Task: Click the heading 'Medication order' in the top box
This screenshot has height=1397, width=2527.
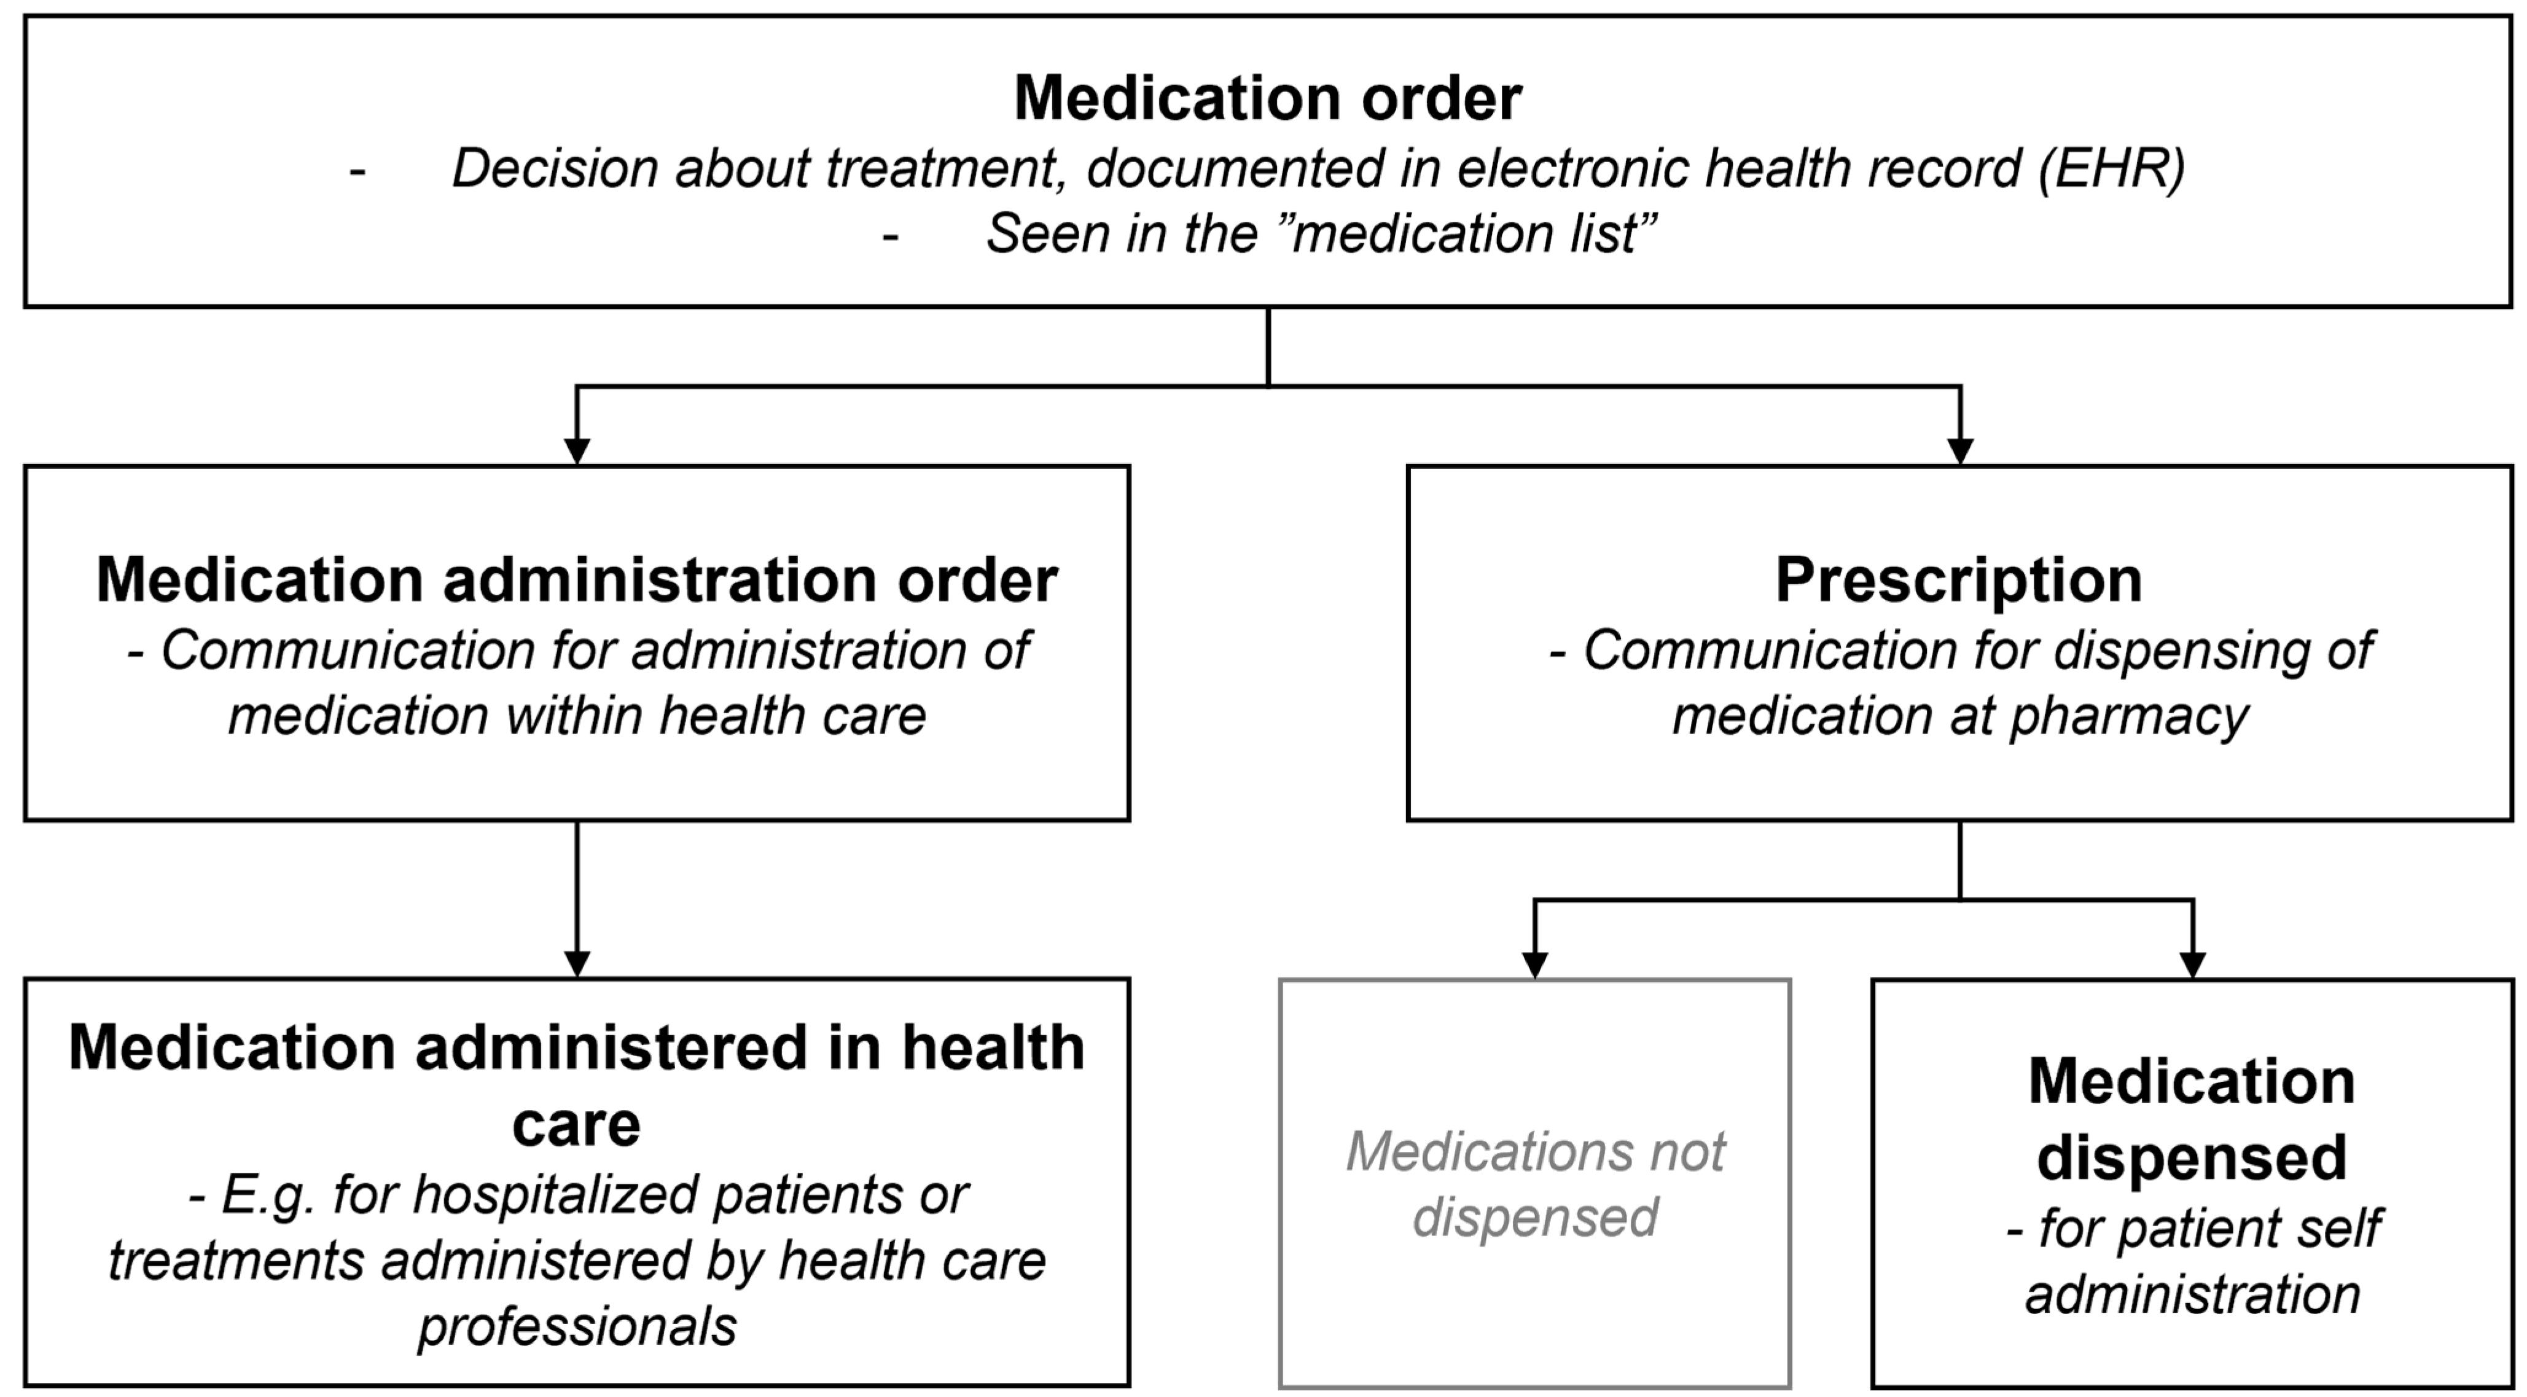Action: pos(1267,98)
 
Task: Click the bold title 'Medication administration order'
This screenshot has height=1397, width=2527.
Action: pos(577,580)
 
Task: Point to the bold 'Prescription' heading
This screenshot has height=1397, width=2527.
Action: pos(1958,580)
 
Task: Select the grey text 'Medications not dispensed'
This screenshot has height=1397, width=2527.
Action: pos(1534,1184)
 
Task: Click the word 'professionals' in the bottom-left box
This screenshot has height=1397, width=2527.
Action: pos(577,1326)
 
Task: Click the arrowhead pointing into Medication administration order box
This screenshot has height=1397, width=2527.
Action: pos(577,450)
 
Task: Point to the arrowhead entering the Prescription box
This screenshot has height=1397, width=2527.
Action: pos(1959,450)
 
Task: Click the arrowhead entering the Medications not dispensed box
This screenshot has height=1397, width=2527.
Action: pos(1534,965)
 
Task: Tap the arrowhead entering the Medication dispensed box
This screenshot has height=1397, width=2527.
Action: pos(2192,965)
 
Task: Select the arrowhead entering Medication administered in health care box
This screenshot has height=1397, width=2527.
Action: pos(577,963)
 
